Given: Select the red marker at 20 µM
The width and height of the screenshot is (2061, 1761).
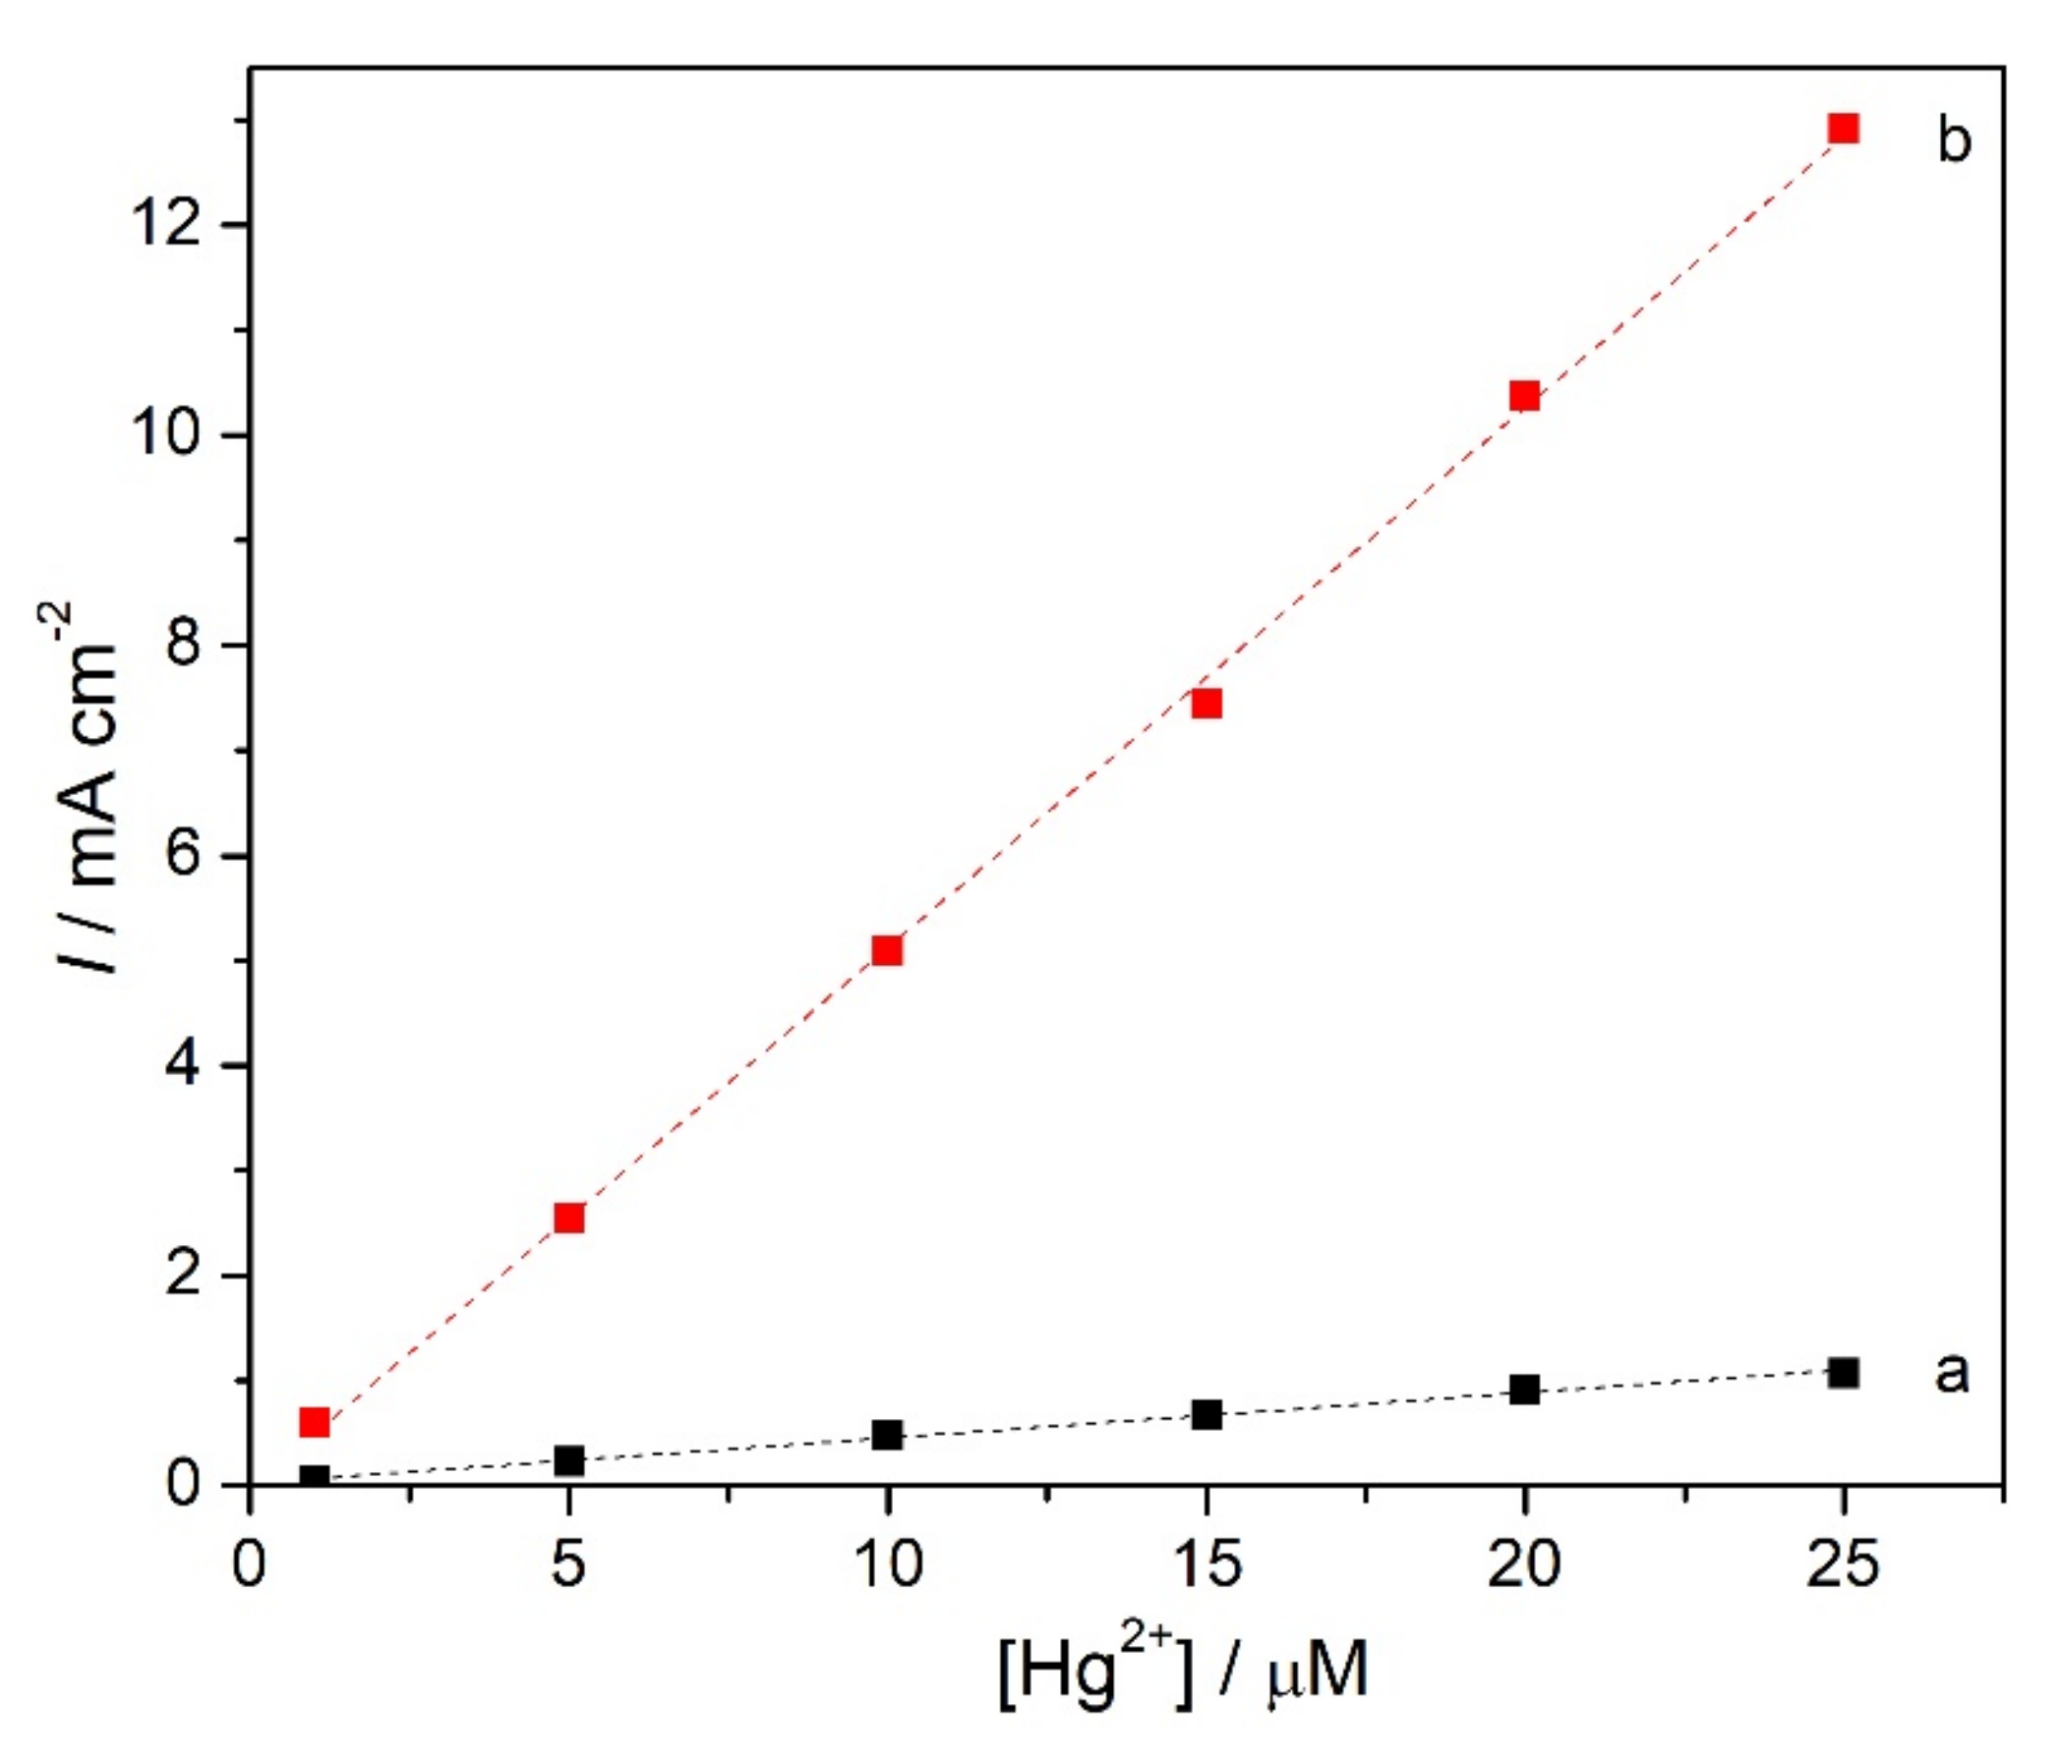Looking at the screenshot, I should coord(1524,397).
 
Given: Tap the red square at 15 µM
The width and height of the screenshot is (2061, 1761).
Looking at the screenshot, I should coord(1206,704).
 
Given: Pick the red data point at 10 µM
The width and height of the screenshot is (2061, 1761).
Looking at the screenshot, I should coord(886,950).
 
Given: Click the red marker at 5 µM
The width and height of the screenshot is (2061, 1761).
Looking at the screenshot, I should coord(568,1218).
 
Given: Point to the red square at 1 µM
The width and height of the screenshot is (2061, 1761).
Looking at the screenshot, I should coord(314,1423).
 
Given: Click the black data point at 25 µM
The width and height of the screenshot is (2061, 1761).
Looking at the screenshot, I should coord(1843,1373).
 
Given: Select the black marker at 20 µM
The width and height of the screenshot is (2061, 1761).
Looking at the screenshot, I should coord(1524,1391).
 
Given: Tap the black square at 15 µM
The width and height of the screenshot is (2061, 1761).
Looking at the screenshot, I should coord(1206,1415).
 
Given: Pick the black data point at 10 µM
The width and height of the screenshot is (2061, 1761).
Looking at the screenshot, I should coord(886,1435).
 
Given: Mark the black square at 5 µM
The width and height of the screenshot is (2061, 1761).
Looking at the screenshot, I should coord(568,1460).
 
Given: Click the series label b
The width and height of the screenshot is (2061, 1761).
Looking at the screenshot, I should coord(1954,141).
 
